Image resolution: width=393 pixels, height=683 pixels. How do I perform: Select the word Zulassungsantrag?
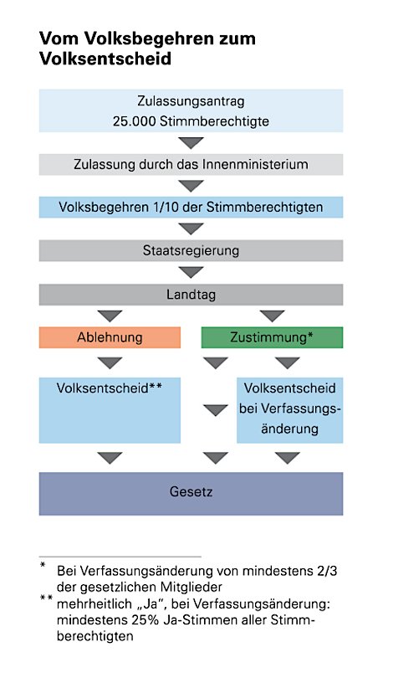click(x=191, y=101)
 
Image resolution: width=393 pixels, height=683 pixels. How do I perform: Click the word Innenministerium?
click(x=254, y=164)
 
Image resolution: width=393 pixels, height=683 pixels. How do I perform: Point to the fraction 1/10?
click(x=166, y=207)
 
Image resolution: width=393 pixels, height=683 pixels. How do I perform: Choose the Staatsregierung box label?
click(x=191, y=251)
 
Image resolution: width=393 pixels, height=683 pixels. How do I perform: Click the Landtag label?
click(x=191, y=295)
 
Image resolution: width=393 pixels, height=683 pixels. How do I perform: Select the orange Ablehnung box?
click(x=110, y=337)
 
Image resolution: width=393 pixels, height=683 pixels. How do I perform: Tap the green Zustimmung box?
click(x=272, y=337)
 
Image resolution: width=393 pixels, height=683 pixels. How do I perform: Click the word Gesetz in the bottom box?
click(x=191, y=492)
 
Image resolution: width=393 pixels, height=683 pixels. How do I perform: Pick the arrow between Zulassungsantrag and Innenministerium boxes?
click(x=191, y=143)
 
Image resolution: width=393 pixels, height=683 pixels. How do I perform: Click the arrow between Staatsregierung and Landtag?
click(x=191, y=272)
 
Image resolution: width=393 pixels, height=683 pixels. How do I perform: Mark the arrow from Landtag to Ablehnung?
click(x=110, y=316)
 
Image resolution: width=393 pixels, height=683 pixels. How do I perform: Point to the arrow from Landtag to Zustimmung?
click(x=273, y=316)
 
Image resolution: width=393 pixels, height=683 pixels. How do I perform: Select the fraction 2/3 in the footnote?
click(x=327, y=571)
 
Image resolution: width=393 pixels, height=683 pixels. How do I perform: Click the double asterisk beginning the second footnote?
click(x=46, y=598)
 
